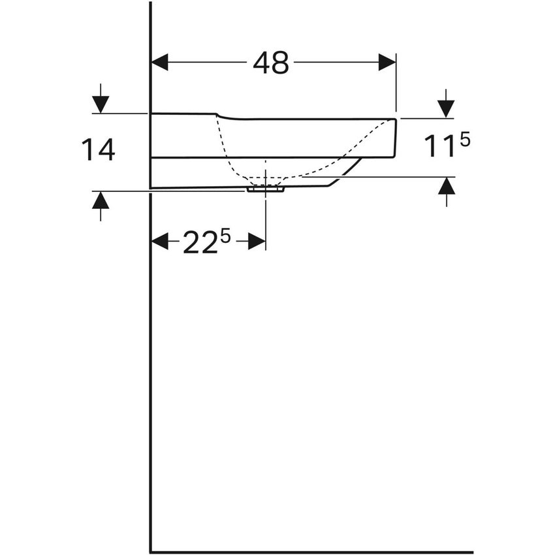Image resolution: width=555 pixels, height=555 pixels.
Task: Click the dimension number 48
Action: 271,63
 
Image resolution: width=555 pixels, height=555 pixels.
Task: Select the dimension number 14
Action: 99,150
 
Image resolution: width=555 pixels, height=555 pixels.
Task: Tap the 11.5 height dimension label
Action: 447,146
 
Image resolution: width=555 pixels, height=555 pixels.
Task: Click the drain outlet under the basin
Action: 265,189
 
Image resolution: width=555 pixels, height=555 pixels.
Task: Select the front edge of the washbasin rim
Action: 395,138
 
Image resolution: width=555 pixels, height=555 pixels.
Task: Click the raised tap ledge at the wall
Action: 183,115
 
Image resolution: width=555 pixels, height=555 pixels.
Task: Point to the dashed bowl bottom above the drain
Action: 265,178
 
